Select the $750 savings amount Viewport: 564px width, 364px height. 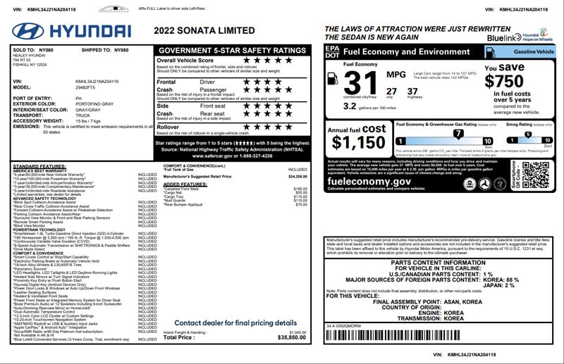coord(504,81)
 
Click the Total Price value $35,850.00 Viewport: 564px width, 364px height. coord(292,337)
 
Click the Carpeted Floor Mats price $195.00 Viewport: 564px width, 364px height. coord(300,189)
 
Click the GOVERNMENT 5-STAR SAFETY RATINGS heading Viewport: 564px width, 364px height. coord(232,51)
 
